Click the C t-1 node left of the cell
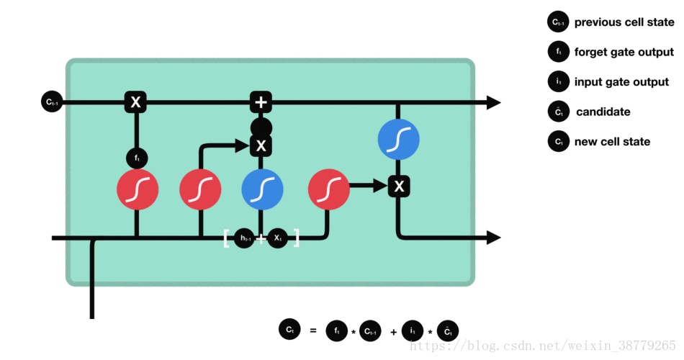click(52, 102)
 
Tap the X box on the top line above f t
click(135, 102)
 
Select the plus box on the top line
click(261, 102)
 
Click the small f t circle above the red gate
click(137, 156)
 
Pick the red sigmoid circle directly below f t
click(137, 189)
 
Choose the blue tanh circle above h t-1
click(262, 189)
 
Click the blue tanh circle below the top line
click(398, 140)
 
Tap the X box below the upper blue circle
click(399, 187)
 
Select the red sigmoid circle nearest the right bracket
click(328, 189)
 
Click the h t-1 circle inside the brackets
click(246, 238)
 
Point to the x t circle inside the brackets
click(278, 238)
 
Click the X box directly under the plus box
click(261, 146)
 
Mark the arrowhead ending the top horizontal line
click(493, 102)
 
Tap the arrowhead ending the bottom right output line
click(493, 238)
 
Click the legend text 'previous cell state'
click(624, 22)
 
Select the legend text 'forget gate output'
click(624, 52)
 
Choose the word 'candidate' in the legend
click(603, 112)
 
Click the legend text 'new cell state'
click(612, 142)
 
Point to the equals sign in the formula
click(312, 331)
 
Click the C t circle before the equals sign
click(289, 330)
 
